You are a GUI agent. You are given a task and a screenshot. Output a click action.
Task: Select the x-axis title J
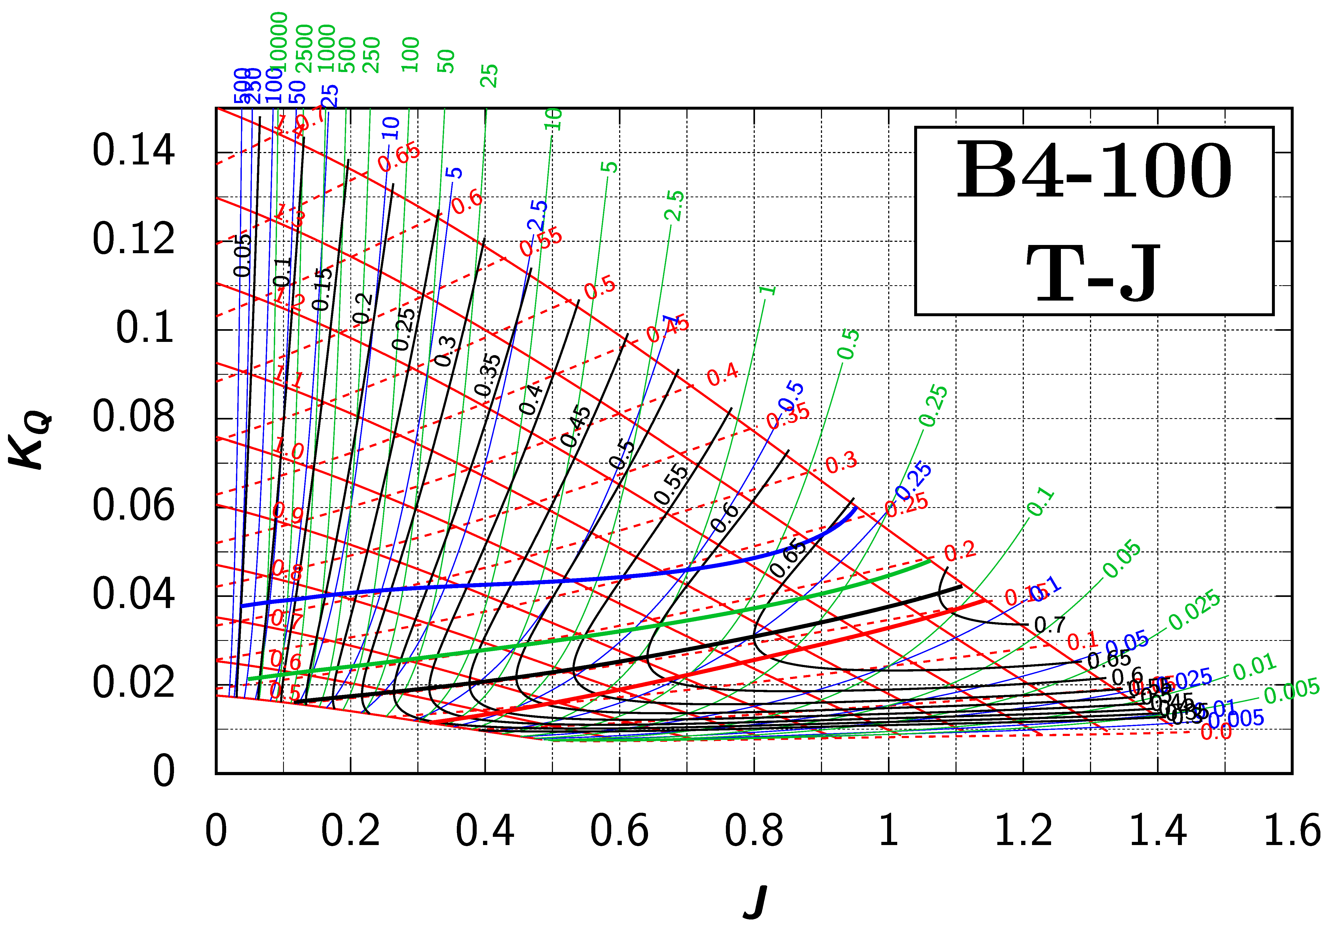[x=755, y=902]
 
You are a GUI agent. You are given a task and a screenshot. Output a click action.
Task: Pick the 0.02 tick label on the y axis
[x=133, y=683]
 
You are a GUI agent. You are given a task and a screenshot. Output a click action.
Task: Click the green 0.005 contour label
[x=1292, y=691]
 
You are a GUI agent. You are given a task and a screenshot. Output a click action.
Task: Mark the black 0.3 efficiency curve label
[x=445, y=351]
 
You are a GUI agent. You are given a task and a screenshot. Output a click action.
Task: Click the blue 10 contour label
[x=392, y=128]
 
